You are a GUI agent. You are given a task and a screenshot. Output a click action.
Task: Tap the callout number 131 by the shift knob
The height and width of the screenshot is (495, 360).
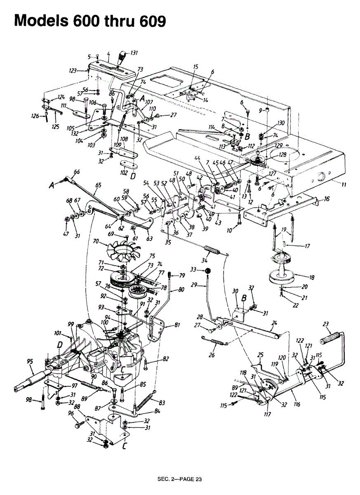(x=134, y=53)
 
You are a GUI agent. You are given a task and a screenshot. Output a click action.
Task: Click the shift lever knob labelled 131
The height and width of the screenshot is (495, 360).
(x=122, y=56)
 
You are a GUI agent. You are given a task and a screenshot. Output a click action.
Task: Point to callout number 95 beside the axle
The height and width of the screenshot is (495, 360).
(x=30, y=362)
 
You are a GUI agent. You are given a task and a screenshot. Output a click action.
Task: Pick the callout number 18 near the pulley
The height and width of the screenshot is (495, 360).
(x=312, y=278)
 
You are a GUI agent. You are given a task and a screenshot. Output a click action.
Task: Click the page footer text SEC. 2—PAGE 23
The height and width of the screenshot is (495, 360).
(x=180, y=479)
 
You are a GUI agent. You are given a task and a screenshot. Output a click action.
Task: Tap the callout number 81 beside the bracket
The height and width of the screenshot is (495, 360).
(x=177, y=325)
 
